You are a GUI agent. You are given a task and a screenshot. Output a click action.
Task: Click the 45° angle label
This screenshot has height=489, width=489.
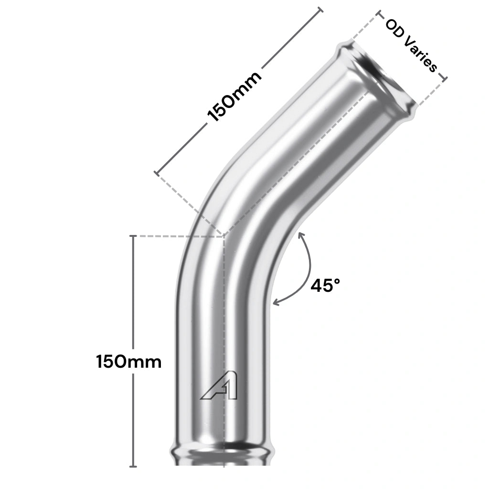click(325, 285)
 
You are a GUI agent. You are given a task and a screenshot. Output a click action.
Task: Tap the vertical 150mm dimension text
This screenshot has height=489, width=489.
click(128, 361)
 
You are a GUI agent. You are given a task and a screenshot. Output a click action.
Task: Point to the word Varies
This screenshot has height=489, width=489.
click(420, 53)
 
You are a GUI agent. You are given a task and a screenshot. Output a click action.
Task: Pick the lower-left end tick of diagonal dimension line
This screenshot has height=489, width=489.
click(157, 173)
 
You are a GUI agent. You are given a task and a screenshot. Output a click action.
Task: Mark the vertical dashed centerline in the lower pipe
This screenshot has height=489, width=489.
click(223, 334)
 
